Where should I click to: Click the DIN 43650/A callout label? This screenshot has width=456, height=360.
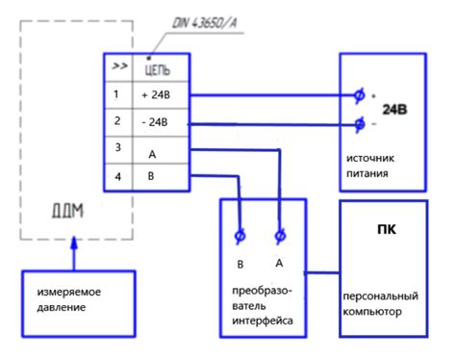click(205, 23)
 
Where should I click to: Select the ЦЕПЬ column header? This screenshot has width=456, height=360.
click(158, 70)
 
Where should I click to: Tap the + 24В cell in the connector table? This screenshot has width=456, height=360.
click(156, 95)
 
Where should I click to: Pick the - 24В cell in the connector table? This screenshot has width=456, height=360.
click(155, 122)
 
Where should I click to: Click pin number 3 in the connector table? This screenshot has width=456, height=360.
click(118, 147)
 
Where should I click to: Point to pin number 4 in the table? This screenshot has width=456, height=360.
click(118, 177)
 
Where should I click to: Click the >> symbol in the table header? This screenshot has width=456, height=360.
click(119, 66)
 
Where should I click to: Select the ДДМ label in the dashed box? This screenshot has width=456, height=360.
click(67, 211)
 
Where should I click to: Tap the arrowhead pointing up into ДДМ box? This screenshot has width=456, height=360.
click(74, 243)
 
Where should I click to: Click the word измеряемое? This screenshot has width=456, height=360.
click(69, 293)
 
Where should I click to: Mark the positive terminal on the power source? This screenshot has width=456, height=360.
click(359, 95)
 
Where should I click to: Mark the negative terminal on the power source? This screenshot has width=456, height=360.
click(360, 123)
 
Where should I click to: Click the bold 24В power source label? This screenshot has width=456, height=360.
click(394, 110)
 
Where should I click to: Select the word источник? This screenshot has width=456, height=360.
click(370, 158)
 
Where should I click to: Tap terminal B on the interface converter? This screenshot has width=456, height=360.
click(240, 237)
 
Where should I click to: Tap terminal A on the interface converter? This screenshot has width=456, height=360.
click(280, 236)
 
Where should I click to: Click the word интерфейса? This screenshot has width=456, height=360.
click(263, 321)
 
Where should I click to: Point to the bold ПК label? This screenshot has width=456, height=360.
click(387, 229)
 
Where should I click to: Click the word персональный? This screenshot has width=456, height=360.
click(381, 296)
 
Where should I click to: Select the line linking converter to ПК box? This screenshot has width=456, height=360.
click(322, 273)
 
